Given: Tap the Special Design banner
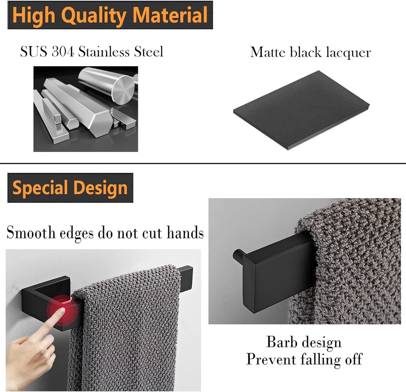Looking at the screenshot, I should coord(70,188).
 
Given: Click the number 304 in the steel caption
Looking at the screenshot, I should coord(62,52).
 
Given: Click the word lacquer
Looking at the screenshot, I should coord(347,53).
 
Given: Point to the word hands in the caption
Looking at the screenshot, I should coord(185,233).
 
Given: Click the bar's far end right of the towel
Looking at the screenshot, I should coord(186,273).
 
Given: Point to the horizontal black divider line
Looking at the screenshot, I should coord(203,163).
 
